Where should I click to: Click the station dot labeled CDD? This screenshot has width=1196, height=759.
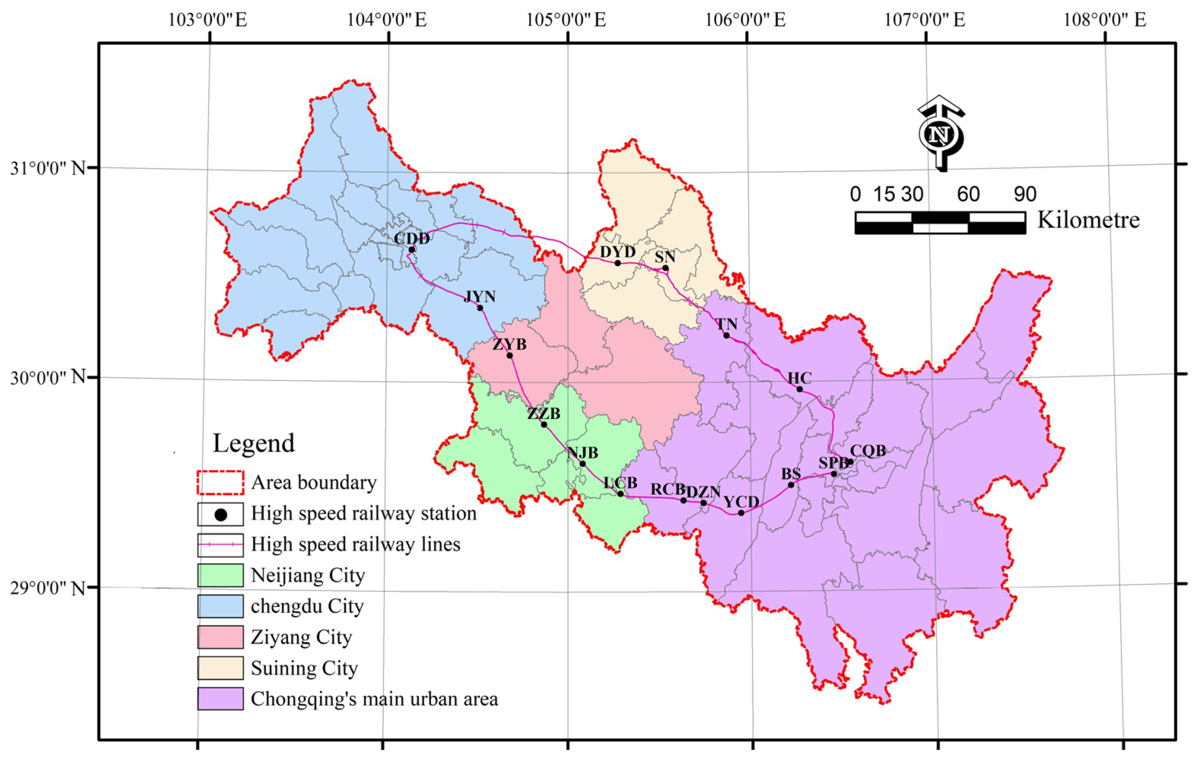point(411,250)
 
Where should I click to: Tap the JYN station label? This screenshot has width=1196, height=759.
point(479,297)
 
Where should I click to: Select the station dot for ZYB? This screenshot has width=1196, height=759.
point(509,355)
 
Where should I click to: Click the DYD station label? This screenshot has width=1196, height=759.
point(617,252)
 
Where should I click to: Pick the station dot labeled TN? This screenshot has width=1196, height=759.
point(726,336)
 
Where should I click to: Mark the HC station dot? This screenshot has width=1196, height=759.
point(799,389)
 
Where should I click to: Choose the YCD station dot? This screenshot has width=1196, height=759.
point(741,513)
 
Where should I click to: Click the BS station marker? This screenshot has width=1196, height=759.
point(791,485)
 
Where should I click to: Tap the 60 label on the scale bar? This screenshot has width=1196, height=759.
point(968,194)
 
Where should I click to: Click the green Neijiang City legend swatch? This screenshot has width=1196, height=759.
point(220,575)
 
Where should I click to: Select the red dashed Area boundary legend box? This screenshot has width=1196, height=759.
point(220,483)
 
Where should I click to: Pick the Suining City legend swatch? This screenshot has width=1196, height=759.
point(220,668)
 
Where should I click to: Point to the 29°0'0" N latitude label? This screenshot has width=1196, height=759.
point(48,588)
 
